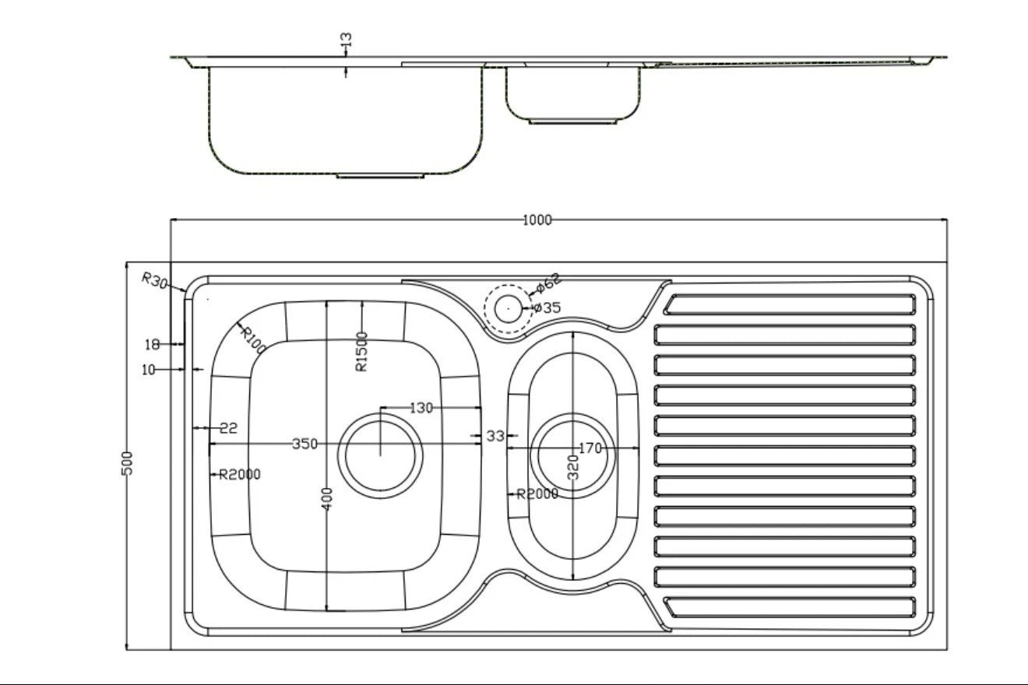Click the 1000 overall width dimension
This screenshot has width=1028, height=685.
pos(537,220)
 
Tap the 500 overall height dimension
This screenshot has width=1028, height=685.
pos(127,463)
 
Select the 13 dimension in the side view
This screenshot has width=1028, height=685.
pos(347,39)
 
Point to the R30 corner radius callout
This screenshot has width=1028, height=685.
pos(154,280)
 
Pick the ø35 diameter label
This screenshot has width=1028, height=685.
pos(547,307)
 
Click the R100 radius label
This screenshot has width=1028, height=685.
pos(253,340)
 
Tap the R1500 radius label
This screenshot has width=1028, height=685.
pos(361,352)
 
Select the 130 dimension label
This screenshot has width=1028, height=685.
pos(421,408)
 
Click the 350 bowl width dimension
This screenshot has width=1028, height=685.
pos(305,444)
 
